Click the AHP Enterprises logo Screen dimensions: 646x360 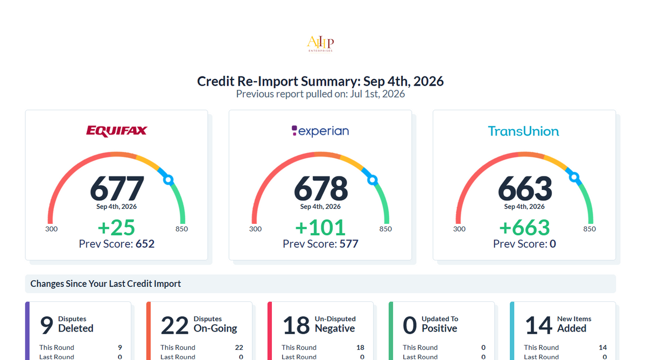pyautogui.click(x=320, y=44)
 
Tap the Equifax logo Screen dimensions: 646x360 pyautogui.click(x=116, y=131)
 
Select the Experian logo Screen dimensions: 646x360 pyautogui.click(x=320, y=131)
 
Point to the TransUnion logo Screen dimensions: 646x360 pyautogui.click(x=523, y=131)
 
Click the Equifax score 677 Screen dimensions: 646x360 pyautogui.click(x=117, y=188)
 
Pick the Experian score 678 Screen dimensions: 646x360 pyautogui.click(x=321, y=188)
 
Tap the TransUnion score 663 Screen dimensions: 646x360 pyautogui.click(x=525, y=188)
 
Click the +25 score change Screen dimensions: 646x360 pyautogui.click(x=116, y=228)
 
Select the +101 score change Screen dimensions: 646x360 pyautogui.click(x=320, y=228)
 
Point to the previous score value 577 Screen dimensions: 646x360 pyautogui.click(x=349, y=244)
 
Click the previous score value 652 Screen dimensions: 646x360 pyautogui.click(x=145, y=244)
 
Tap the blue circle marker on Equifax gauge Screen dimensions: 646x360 pyautogui.click(x=168, y=180)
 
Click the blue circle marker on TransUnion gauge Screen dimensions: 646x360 pyautogui.click(x=574, y=177)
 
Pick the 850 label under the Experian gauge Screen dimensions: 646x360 pyautogui.click(x=385, y=229)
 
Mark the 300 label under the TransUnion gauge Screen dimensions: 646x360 pyautogui.click(x=459, y=229)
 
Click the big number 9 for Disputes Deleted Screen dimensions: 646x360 pyautogui.click(x=47, y=325)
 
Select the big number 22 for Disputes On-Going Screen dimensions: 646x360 pyautogui.click(x=174, y=325)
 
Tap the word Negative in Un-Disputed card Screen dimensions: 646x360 pyautogui.click(x=334, y=328)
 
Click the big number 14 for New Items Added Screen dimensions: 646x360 pyautogui.click(x=538, y=325)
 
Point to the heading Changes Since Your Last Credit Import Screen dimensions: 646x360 pyautogui.click(x=106, y=284)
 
